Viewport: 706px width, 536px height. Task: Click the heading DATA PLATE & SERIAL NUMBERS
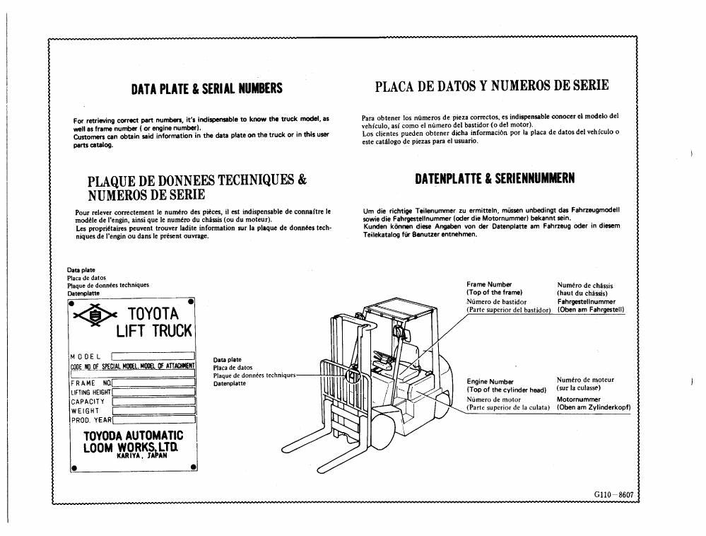click(x=206, y=88)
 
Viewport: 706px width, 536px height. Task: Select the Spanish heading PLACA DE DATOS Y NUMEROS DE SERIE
click(x=492, y=86)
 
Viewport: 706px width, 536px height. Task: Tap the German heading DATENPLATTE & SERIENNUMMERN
click(x=495, y=179)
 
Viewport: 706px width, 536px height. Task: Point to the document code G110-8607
click(x=613, y=494)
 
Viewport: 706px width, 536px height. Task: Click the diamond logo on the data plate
click(x=95, y=316)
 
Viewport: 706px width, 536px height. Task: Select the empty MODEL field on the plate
click(x=153, y=356)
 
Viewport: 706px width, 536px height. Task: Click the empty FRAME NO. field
click(x=153, y=383)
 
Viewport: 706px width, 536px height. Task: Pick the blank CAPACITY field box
click(x=153, y=402)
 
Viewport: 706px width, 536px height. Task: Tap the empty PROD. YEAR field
click(x=153, y=420)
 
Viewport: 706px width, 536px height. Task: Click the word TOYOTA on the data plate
click(x=153, y=313)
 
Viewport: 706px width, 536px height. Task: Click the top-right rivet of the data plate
click(x=191, y=301)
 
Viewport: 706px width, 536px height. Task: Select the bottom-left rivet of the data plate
click(x=74, y=468)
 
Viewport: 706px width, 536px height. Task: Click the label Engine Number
click(x=490, y=382)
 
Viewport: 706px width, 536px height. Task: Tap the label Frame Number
click(x=489, y=284)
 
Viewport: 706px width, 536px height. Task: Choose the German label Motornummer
click(x=579, y=400)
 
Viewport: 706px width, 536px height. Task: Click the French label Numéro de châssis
click(x=585, y=285)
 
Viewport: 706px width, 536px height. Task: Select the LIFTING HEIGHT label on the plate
click(x=90, y=392)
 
